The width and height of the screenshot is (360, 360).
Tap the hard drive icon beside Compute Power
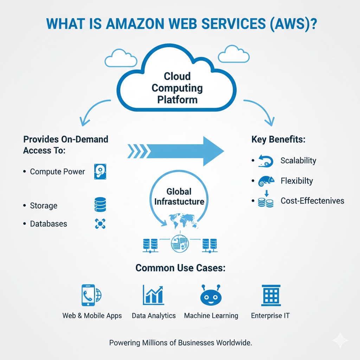click(100, 172)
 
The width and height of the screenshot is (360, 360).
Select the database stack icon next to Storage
click(100, 205)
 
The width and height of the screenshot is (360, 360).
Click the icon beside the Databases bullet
click(100, 224)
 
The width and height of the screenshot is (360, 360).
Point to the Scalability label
click(298, 161)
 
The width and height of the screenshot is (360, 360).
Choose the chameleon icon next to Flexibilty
click(266, 181)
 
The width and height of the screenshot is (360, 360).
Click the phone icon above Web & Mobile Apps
click(88, 294)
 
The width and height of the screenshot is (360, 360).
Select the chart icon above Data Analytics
click(153, 295)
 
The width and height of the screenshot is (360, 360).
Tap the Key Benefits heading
click(278, 140)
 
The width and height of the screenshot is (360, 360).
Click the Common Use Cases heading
click(180, 268)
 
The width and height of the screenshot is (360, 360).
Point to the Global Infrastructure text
click(179, 197)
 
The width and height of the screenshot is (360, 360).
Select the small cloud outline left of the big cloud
click(121, 58)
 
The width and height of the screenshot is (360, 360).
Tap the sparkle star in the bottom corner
click(340, 340)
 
